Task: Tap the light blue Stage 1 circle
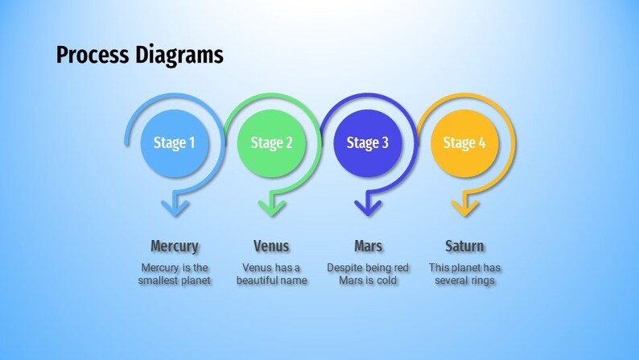coord(175,143)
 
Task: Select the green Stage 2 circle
coord(271,143)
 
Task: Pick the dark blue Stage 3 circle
coord(368,143)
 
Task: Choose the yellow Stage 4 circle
coord(464,143)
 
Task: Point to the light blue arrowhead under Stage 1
coord(175,207)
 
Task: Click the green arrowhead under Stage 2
coord(271,207)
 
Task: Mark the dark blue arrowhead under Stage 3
coord(368,207)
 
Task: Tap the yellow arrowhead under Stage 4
coord(464,207)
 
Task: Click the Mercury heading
coord(175,246)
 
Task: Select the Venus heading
coord(271,246)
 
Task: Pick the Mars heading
coord(368,246)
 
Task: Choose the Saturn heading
coord(464,246)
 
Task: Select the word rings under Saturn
coord(481,281)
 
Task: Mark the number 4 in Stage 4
coord(482,143)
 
